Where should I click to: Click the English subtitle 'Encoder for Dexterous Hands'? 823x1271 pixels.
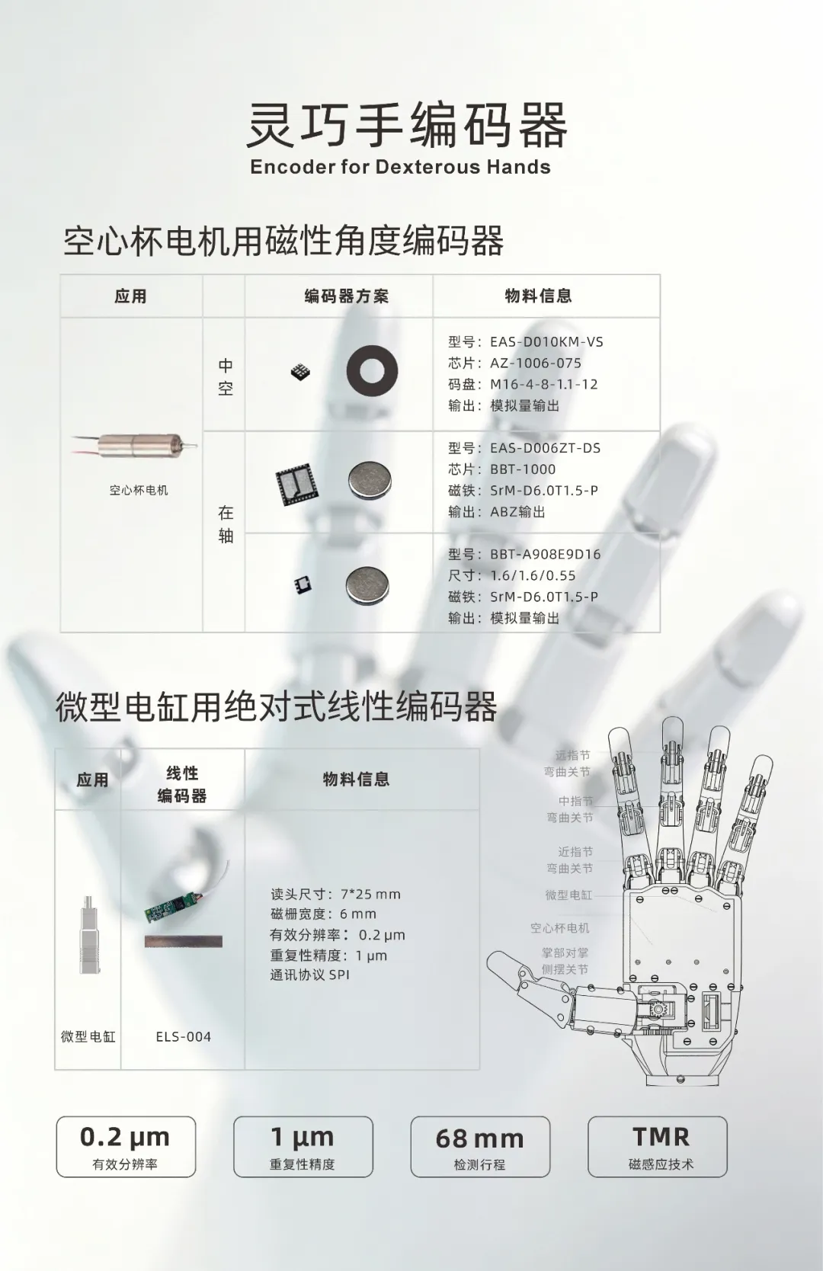click(400, 167)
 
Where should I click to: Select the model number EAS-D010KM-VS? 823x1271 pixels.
click(546, 342)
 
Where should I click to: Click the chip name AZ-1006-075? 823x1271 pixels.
click(536, 363)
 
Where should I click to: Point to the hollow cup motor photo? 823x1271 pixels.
click(135, 445)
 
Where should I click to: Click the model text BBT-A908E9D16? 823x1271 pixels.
click(546, 555)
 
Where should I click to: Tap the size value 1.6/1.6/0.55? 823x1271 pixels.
click(533, 575)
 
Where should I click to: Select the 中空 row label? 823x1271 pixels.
click(226, 376)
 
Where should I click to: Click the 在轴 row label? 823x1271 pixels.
click(226, 524)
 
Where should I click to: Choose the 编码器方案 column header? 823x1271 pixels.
click(346, 296)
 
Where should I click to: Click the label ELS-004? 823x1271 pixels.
click(184, 1036)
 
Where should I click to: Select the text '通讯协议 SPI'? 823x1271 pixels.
click(310, 975)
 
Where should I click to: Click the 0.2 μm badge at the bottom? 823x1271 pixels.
click(126, 1147)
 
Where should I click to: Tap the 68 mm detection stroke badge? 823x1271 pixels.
click(480, 1147)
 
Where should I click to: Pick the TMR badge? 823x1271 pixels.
click(658, 1147)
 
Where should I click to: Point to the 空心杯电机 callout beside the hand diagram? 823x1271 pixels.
click(560, 927)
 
